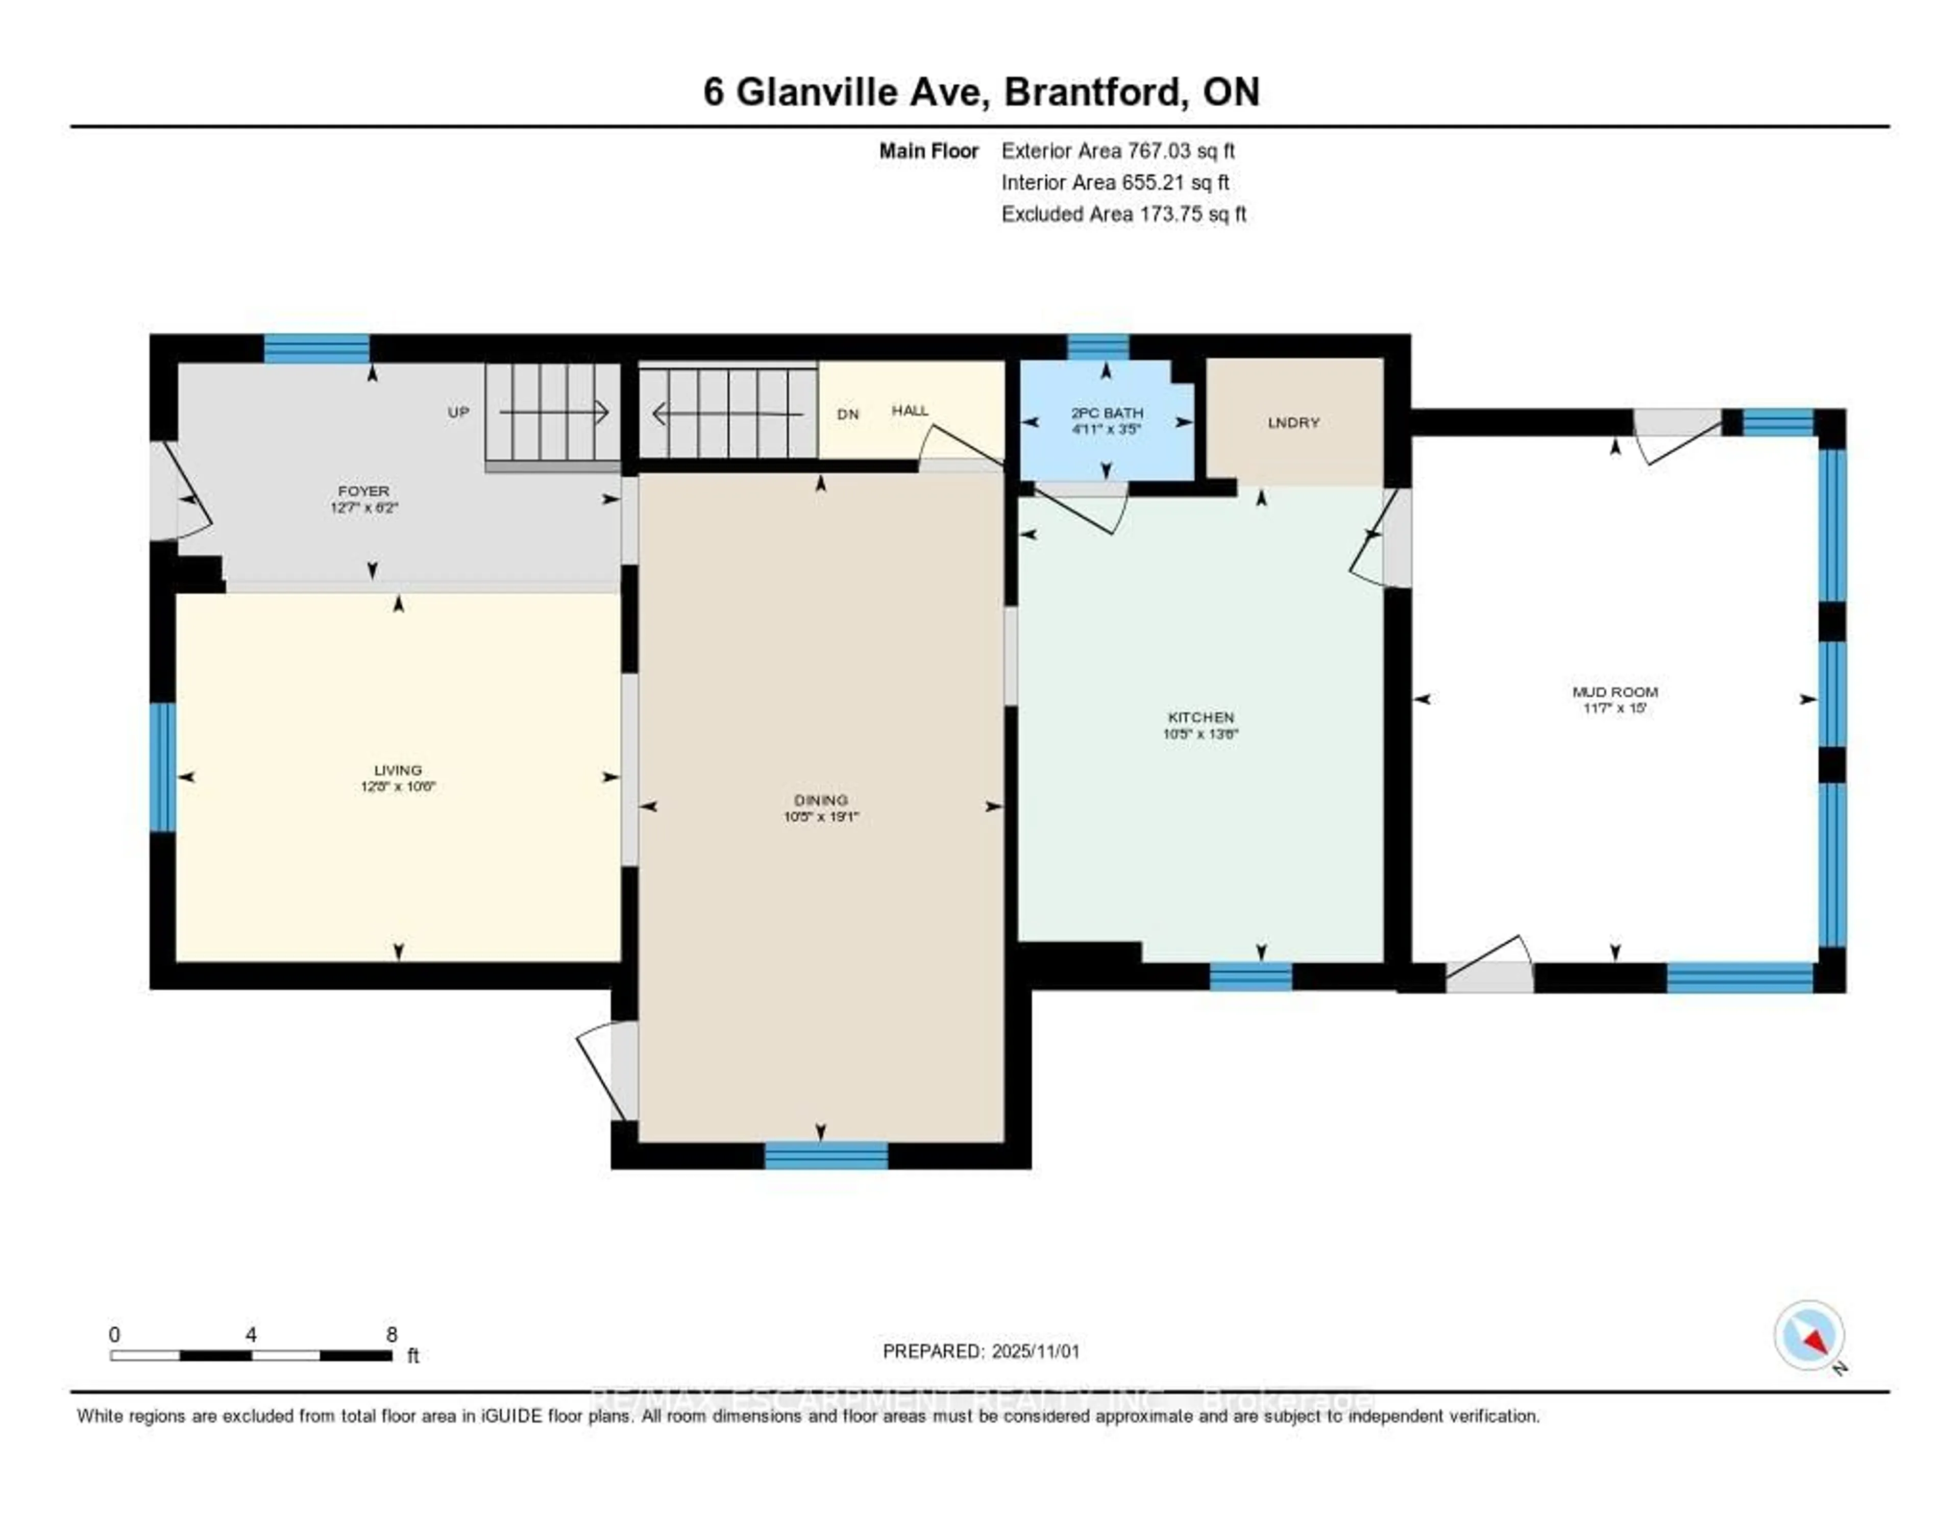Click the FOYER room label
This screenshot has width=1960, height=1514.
[x=363, y=491]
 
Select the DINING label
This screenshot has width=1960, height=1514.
[x=820, y=800]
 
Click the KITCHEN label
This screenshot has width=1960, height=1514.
[x=1201, y=717]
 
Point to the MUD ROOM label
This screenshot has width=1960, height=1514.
[x=1614, y=692]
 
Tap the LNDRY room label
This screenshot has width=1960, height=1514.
[x=1293, y=423]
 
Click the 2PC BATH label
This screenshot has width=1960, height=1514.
[x=1107, y=413]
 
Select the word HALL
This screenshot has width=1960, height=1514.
[x=909, y=410]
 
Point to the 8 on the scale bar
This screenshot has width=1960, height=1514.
[x=391, y=1334]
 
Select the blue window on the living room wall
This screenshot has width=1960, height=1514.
[x=162, y=767]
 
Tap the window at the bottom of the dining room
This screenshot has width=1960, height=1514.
[x=826, y=1156]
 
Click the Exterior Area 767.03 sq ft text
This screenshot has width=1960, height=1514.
[x=1117, y=151]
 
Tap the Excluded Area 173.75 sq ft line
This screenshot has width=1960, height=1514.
[x=1123, y=213]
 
